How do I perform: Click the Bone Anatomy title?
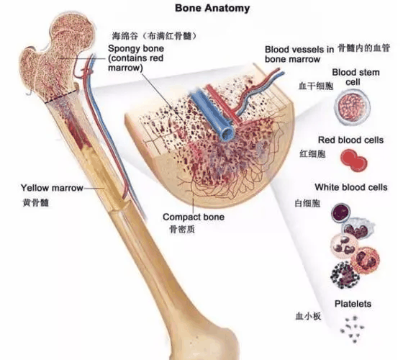212,8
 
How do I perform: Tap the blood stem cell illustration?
353,107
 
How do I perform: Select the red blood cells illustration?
354,161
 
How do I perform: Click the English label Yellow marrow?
52,188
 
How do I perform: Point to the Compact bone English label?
194,217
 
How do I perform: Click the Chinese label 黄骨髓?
36,202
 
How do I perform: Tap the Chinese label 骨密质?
182,229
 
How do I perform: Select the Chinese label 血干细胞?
316,86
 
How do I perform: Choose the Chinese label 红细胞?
313,154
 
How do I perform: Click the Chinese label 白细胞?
307,203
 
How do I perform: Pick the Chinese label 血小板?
309,316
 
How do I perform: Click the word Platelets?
353,304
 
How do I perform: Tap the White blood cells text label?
351,187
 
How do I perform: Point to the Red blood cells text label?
351,140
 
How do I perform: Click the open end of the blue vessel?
227,133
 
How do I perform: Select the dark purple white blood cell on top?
341,212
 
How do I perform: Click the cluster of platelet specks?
352,330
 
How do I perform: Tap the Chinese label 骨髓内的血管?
363,48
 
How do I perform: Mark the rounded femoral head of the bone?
73,32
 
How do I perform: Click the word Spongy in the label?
122,49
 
